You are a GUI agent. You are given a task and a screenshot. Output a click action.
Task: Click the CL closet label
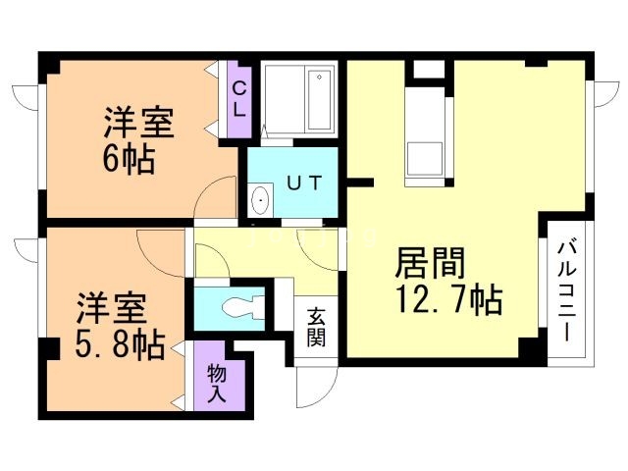(238, 97)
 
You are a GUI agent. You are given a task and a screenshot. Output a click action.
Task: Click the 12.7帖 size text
(449, 297)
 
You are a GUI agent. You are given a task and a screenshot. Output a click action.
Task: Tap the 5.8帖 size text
(122, 345)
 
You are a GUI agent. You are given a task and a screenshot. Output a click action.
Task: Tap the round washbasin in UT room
(260, 200)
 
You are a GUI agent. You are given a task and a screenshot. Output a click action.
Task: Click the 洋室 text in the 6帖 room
(139, 124)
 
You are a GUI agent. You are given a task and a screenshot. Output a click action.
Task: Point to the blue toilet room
(232, 308)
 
